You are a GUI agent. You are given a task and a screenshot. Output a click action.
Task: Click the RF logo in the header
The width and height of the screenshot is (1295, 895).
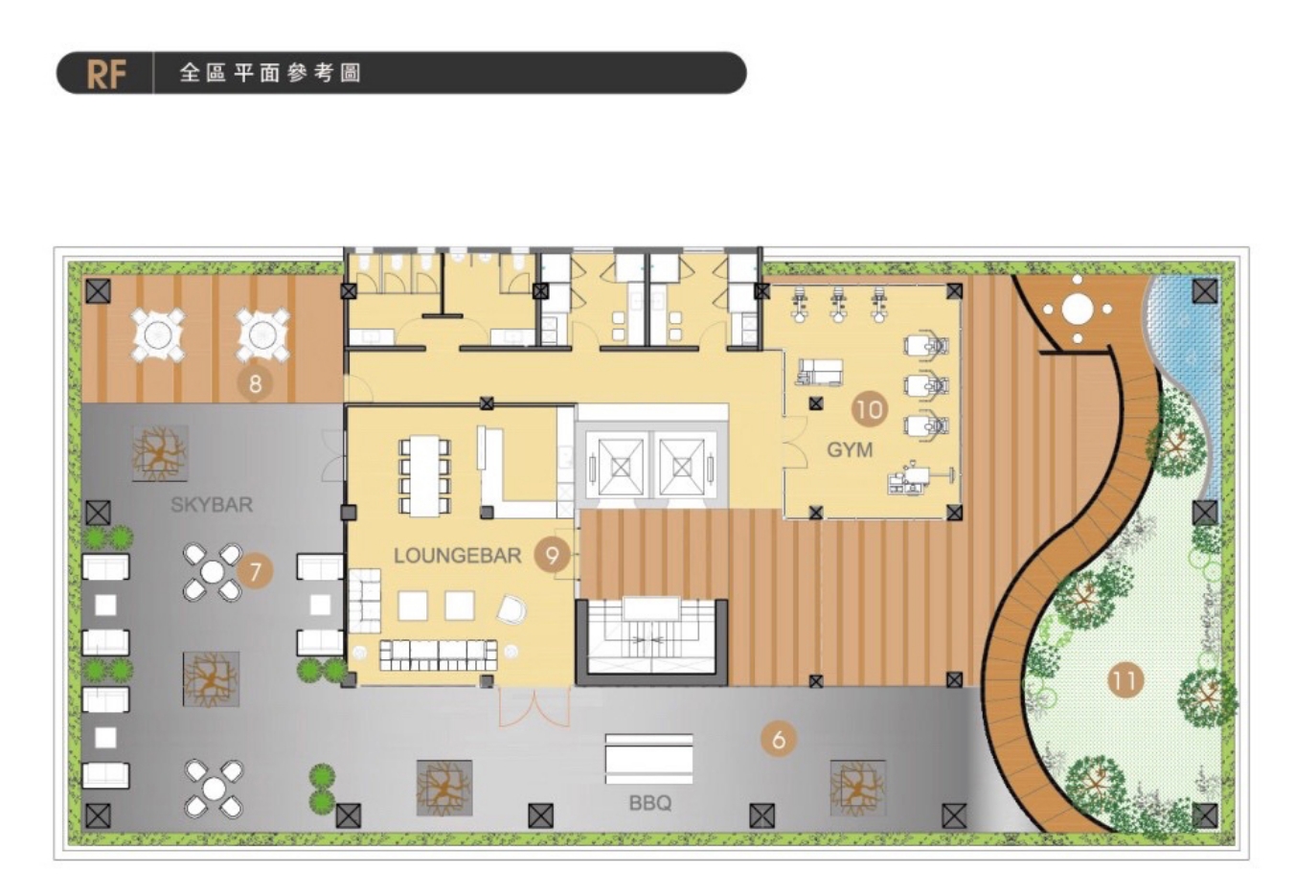106,74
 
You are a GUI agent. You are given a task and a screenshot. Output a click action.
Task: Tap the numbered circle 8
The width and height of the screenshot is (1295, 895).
255,383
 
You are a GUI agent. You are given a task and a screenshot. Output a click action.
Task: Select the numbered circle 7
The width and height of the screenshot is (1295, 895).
255,572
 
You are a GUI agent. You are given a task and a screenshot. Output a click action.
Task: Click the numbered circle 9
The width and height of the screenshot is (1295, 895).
552,556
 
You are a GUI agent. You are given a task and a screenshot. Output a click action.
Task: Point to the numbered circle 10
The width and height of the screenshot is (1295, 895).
869,409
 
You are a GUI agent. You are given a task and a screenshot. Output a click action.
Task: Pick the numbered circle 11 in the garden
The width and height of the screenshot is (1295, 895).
1125,680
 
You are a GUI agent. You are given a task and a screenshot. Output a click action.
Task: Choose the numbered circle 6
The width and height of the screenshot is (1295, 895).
778,740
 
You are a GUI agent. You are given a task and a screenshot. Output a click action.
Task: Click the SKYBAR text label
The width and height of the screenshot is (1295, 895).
212,504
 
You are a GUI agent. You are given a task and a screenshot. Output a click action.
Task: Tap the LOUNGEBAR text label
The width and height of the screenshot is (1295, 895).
457,556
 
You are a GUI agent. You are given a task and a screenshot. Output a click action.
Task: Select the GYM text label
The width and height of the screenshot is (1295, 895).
850,449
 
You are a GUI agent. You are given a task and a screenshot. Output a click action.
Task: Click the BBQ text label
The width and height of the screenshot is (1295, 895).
649,803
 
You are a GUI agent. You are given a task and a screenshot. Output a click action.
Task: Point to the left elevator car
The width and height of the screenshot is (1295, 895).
621,467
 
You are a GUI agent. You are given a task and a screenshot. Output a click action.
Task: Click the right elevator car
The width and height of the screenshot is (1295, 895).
682,467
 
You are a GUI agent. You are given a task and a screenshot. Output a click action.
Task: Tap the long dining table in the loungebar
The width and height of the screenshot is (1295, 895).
425,475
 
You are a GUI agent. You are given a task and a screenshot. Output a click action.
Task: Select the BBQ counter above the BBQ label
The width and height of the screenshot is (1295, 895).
648,759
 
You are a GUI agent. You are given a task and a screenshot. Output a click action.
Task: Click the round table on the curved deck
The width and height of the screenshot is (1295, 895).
1077,310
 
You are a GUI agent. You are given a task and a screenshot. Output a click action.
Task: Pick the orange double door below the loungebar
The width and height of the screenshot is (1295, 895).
534,707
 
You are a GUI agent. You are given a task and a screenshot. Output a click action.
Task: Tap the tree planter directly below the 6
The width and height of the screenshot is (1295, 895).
857,788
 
